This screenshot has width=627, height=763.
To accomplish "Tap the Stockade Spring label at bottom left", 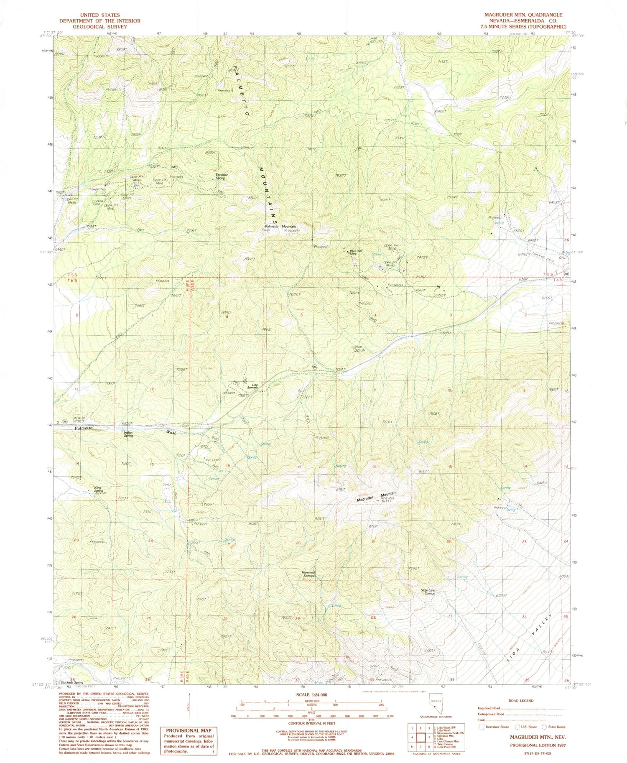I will click(x=69, y=682).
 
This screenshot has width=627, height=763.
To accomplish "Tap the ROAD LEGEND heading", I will click(x=522, y=700).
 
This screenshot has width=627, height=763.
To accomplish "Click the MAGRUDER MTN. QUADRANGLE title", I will click(x=523, y=15).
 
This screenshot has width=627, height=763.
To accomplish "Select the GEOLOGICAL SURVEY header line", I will click(x=93, y=26).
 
